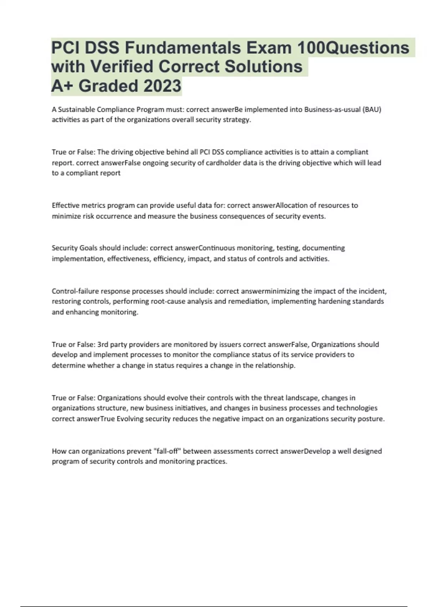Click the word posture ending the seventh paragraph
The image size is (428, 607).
pos(372,419)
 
